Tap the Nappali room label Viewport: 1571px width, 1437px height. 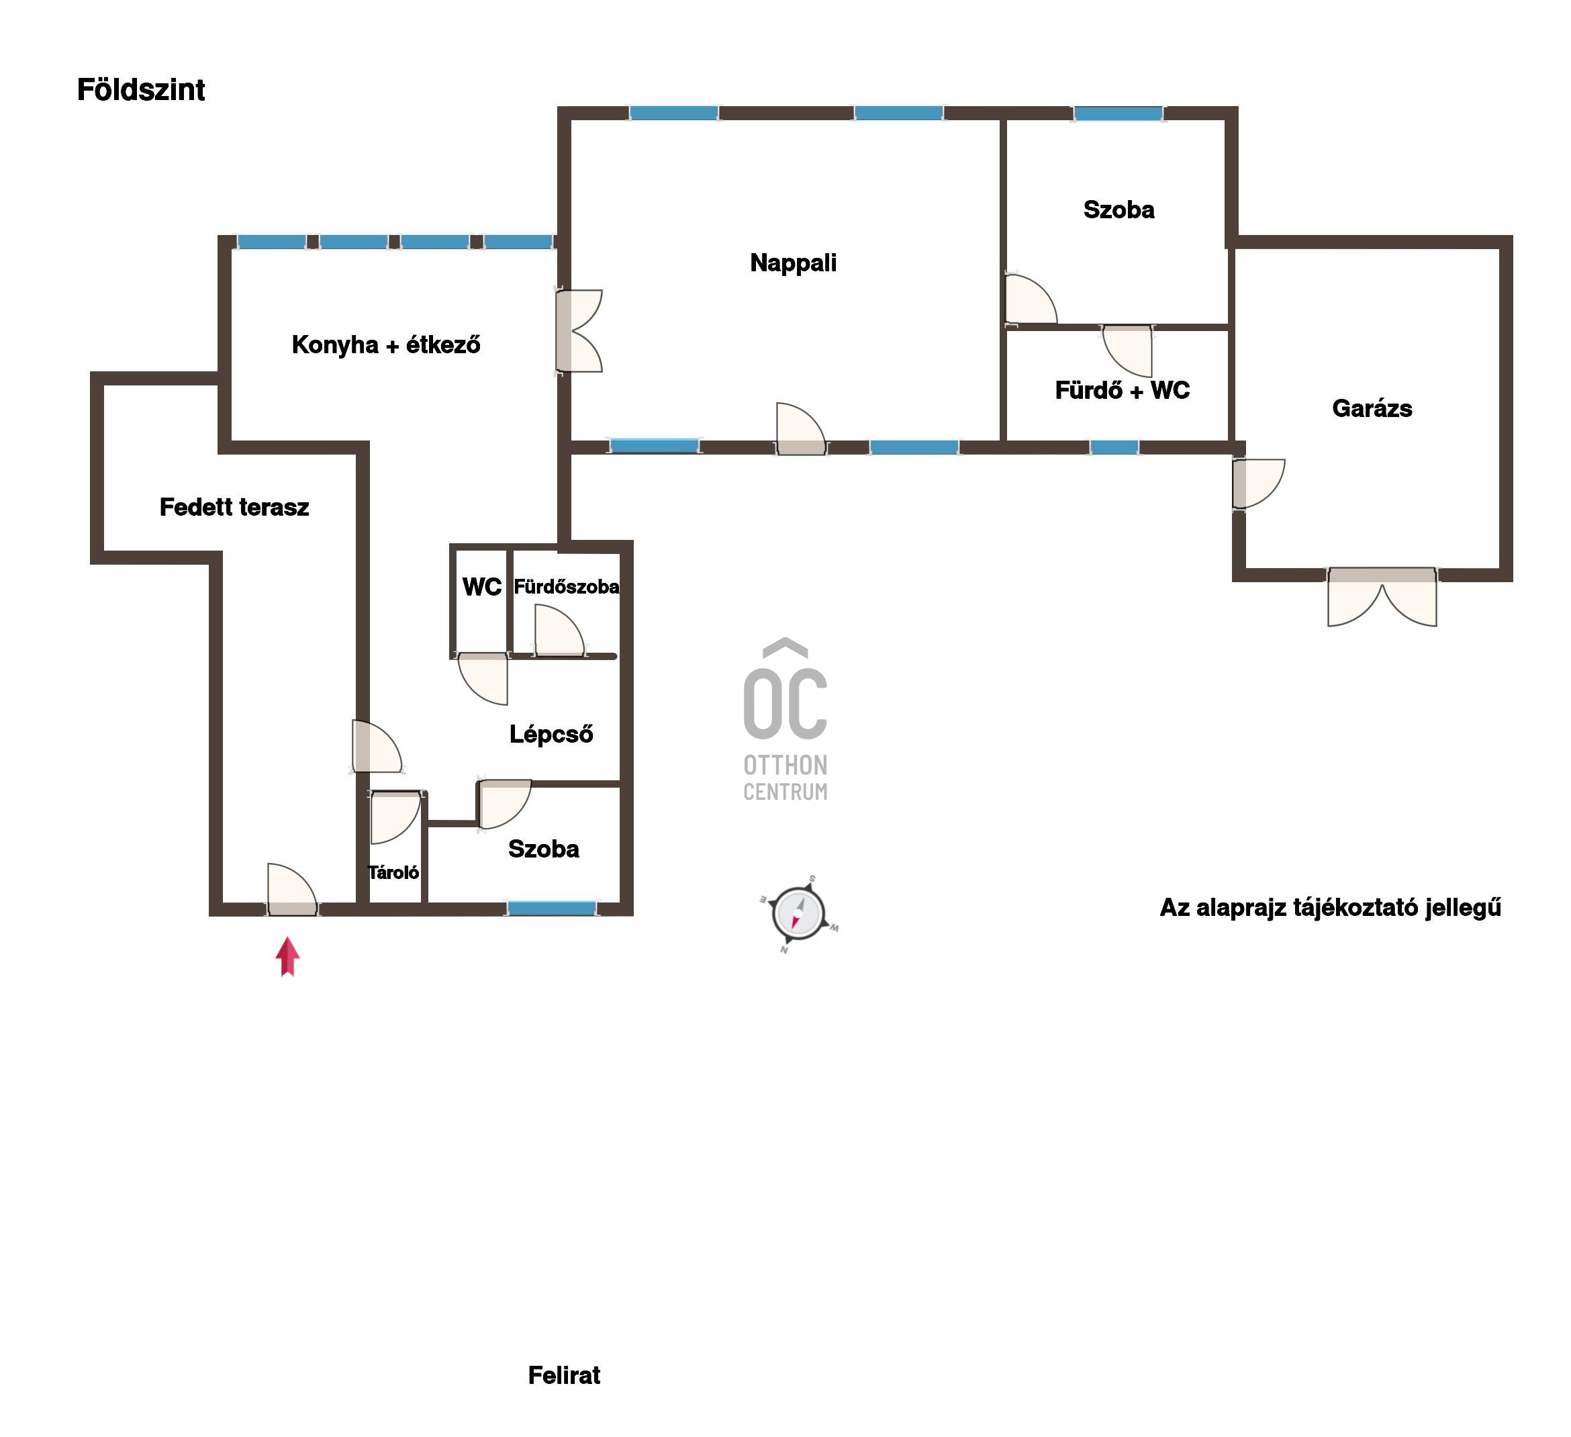click(x=794, y=263)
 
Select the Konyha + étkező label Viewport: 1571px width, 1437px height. click(x=386, y=344)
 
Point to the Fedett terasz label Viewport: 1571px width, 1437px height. click(x=234, y=507)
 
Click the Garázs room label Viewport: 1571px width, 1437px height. click(x=1372, y=408)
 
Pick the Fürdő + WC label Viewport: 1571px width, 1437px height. click(x=1122, y=390)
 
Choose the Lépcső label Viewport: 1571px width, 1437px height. click(x=551, y=734)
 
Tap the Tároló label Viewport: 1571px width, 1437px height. click(x=393, y=872)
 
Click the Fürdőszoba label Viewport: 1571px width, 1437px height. click(x=567, y=587)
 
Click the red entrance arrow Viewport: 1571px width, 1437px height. click(x=287, y=956)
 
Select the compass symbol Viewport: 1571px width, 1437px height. click(x=799, y=913)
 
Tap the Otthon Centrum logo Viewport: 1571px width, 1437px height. click(x=785, y=720)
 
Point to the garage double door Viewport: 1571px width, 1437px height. click(x=1382, y=596)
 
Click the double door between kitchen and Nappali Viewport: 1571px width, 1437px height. click(x=578, y=330)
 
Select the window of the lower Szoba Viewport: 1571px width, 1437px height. click(x=552, y=908)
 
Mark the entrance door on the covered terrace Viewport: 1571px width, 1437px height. click(x=292, y=890)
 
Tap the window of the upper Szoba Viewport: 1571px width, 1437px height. click(x=1118, y=113)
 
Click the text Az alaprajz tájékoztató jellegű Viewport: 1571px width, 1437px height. click(x=1330, y=908)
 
